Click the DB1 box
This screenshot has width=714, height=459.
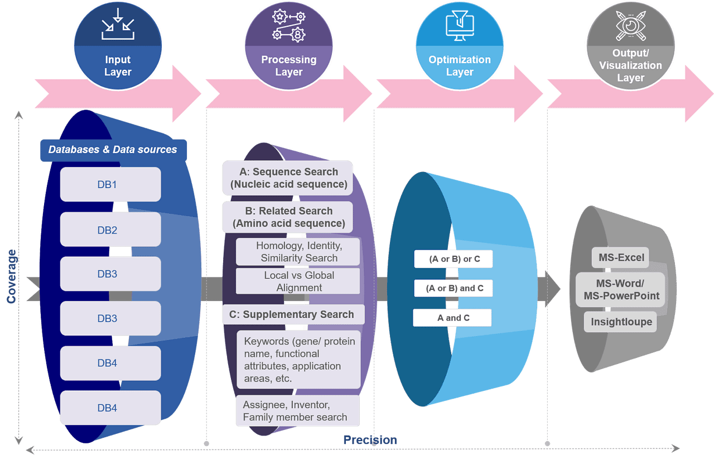[110, 184]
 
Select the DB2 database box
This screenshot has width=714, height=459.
[110, 230]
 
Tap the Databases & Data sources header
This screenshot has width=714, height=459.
[113, 150]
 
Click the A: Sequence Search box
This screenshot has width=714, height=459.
[288, 178]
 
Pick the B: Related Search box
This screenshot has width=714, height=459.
[288, 217]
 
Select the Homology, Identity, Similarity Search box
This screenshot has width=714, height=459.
[298, 252]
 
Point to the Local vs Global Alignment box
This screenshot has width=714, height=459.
[298, 281]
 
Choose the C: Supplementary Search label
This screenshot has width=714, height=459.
[293, 314]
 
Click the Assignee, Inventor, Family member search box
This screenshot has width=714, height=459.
[295, 411]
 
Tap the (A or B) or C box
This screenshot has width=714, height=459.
[453, 259]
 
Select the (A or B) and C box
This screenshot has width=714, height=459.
[453, 288]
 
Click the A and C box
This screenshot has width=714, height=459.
[452, 318]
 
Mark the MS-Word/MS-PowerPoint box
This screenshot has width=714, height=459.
[621, 290]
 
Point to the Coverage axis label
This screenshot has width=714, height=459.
[11, 276]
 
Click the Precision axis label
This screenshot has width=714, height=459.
[370, 440]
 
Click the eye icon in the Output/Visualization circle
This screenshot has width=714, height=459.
[630, 26]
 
